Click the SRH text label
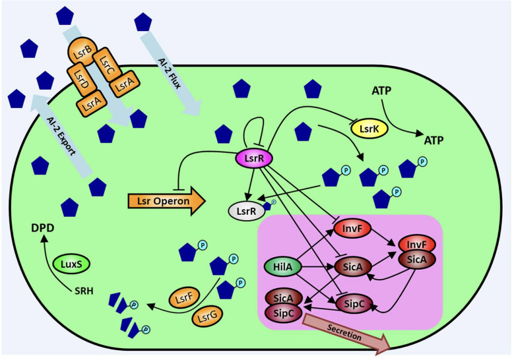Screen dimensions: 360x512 click(x=82, y=291)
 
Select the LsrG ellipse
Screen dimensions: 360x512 click(x=210, y=317)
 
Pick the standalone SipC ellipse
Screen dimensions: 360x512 click(x=354, y=304)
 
